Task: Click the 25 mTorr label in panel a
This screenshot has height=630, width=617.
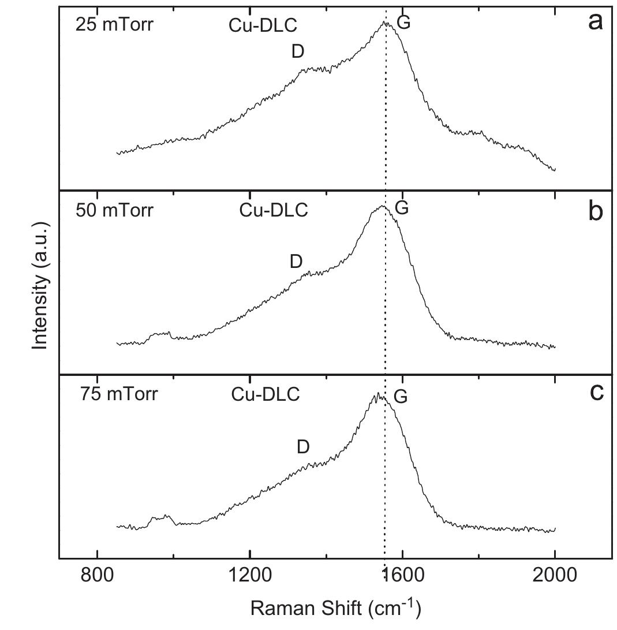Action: (x=114, y=25)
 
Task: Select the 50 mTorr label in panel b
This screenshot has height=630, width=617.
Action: (x=114, y=210)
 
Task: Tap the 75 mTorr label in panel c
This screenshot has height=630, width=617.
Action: (x=118, y=394)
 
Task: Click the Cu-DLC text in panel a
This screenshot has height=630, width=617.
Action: (x=263, y=25)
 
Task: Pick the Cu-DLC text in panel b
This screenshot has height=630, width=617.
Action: (x=274, y=210)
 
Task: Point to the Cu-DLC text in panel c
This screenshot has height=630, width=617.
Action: (x=266, y=394)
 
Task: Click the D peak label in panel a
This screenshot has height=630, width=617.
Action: (x=297, y=52)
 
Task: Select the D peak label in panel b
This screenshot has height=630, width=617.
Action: (x=296, y=262)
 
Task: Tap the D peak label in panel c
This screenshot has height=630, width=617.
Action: (x=303, y=446)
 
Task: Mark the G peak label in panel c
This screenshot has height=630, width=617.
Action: (x=400, y=397)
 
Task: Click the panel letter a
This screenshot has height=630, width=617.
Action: (x=595, y=22)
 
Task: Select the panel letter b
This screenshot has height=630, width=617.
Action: (x=595, y=211)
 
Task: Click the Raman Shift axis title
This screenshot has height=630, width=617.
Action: (x=335, y=607)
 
